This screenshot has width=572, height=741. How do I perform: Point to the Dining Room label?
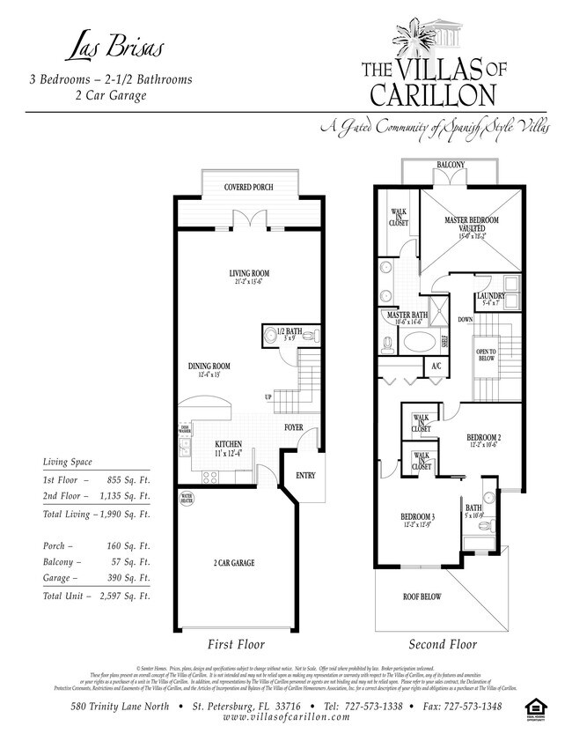(x=209, y=369)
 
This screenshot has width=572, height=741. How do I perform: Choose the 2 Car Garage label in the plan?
(x=235, y=563)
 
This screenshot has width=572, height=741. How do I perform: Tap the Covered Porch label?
(x=249, y=188)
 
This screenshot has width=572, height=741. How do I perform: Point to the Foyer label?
(x=293, y=428)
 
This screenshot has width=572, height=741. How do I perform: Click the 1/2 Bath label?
(x=289, y=332)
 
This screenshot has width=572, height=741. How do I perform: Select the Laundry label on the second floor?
(x=488, y=298)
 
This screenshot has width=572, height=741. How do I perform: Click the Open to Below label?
(x=487, y=354)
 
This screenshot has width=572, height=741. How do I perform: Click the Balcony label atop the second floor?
(x=451, y=165)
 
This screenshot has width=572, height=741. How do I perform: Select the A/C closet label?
(x=436, y=365)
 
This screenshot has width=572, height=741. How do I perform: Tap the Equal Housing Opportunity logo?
(x=533, y=708)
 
